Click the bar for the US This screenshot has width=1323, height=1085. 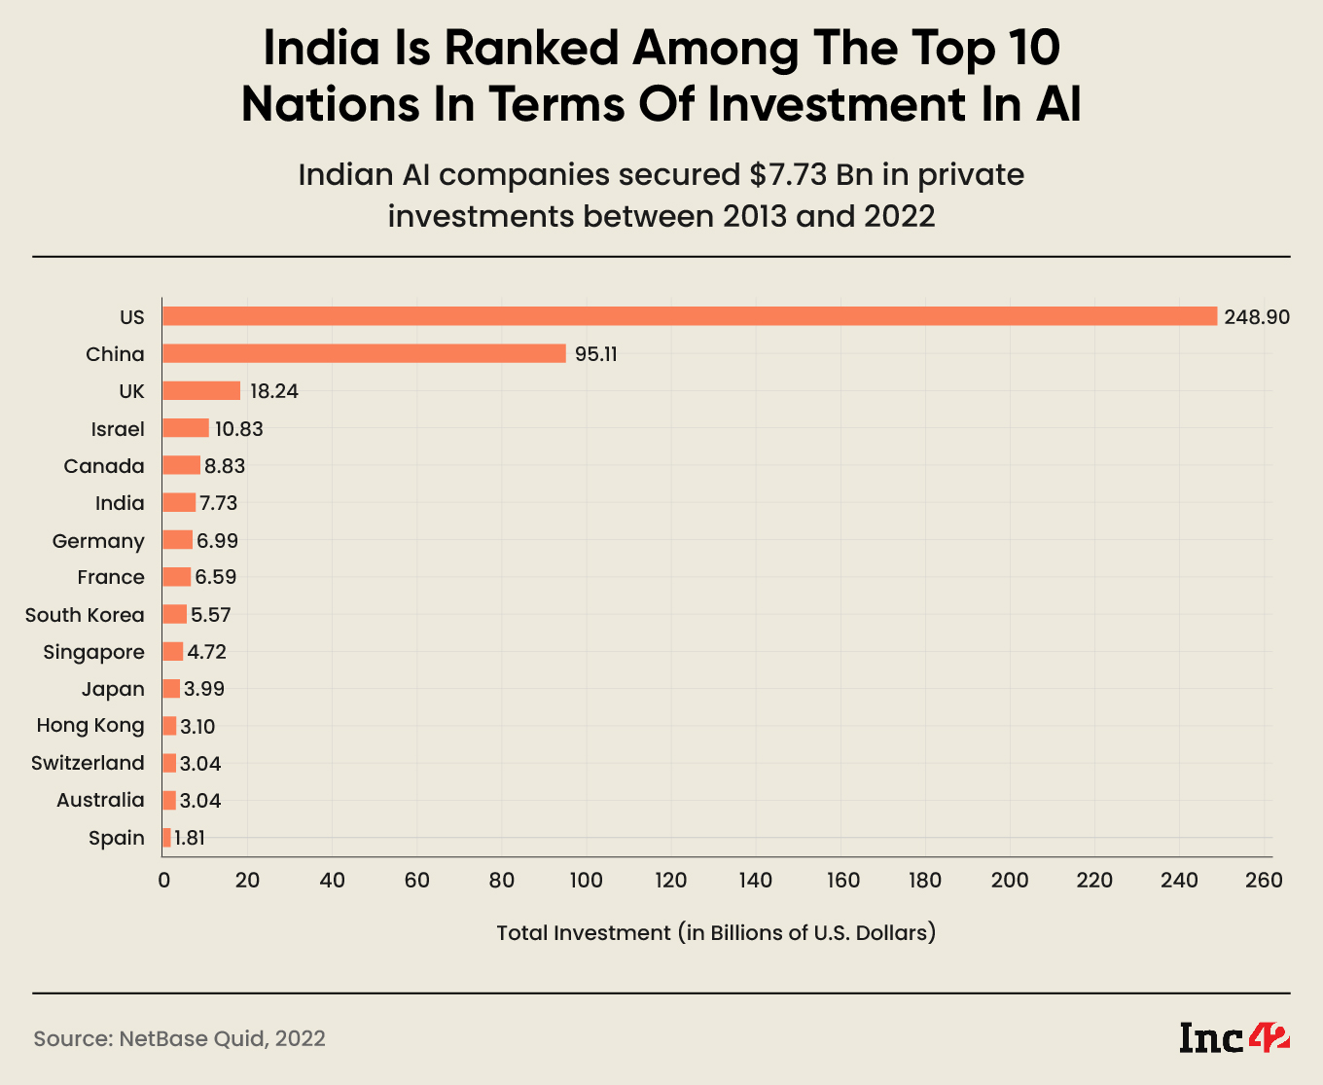689,316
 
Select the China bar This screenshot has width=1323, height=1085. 364,353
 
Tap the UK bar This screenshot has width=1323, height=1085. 201,390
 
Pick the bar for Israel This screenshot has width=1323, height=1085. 186,428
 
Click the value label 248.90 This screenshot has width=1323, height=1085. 1257,317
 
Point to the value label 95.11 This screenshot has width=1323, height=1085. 595,354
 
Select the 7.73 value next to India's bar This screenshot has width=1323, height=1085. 218,503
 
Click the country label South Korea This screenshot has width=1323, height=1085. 85,615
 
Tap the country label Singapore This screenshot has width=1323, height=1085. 93,652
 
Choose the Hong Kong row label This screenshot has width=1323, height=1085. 90,726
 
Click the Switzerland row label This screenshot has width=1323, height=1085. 88,763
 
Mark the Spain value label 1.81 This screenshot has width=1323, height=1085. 190,838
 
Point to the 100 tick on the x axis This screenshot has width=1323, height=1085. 587,881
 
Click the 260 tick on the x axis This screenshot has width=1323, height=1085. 1264,881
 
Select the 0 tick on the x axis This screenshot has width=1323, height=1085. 163,881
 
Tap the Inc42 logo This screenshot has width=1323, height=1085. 1234,1037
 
